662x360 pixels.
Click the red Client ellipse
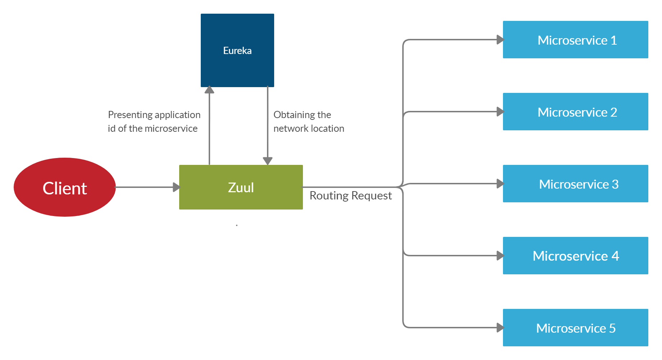point(65,187)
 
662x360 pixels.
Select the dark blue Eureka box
point(237,50)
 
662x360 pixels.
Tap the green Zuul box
point(241,187)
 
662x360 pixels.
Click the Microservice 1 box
point(575,40)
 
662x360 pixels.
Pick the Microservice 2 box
point(575,112)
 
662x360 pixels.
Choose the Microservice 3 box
point(575,184)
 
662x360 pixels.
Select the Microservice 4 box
point(575,256)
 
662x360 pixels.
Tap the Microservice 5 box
point(575,328)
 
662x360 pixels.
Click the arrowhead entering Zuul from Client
point(176,187)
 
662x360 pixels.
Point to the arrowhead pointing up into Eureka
point(209,90)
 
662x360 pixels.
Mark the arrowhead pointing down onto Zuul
point(267,161)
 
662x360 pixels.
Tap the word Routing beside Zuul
point(329,195)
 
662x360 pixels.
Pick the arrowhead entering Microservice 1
point(500,40)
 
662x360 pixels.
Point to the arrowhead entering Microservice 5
point(500,328)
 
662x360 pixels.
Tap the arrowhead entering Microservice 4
point(500,256)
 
